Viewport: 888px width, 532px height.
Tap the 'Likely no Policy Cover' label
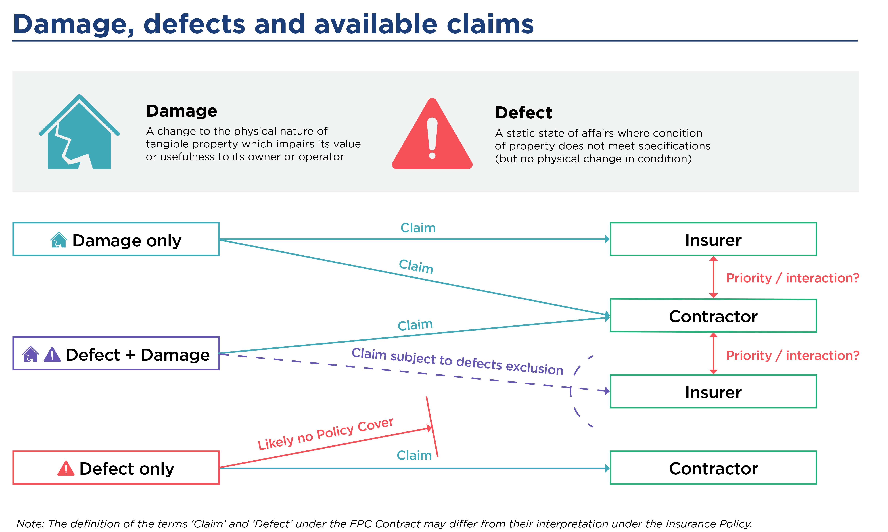coord(325,434)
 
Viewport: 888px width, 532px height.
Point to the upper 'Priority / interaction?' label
coord(793,278)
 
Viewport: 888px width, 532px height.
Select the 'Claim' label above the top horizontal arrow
coord(418,228)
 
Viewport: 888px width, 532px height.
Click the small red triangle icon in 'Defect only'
coord(66,468)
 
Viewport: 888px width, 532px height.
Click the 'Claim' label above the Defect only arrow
coord(414,455)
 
